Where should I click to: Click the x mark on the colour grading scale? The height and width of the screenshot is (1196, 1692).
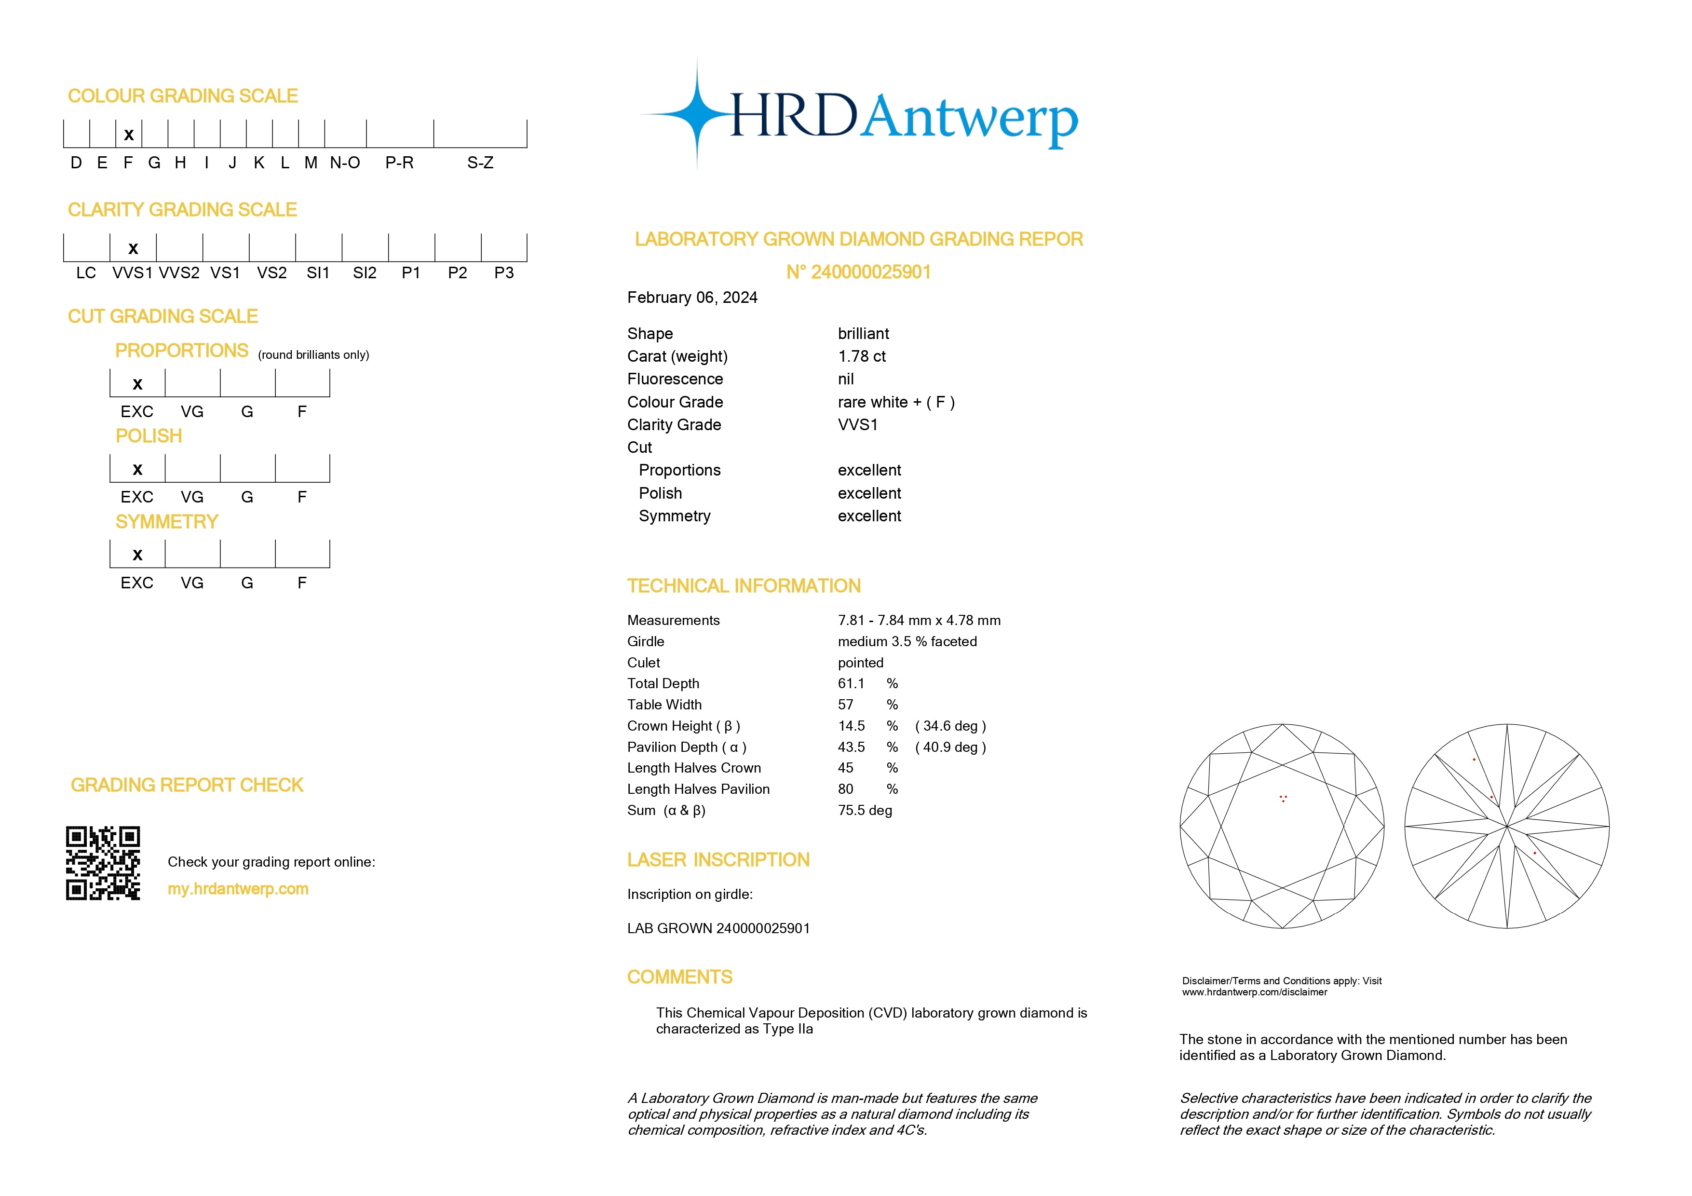129,135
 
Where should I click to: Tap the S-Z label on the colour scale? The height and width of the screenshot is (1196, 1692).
480,163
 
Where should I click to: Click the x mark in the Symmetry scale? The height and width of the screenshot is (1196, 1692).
137,555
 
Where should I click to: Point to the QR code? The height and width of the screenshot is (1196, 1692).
103,863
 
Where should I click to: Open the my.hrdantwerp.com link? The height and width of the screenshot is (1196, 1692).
238,889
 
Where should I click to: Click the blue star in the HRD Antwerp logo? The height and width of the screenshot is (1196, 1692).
696,115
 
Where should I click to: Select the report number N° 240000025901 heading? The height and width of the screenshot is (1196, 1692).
858,272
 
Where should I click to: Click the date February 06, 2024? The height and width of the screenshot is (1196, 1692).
692,298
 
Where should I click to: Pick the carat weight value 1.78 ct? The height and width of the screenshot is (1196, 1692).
862,357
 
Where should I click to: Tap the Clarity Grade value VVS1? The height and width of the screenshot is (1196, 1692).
858,425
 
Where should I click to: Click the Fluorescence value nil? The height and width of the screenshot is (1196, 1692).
846,380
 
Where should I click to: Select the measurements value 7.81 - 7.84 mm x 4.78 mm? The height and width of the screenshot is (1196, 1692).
919,621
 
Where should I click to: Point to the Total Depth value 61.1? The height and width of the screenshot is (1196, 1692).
851,684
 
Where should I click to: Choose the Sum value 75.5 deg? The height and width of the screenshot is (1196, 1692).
865,811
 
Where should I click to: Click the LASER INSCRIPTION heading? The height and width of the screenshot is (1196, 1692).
718,860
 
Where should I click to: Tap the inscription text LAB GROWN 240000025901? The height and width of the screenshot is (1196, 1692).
718,928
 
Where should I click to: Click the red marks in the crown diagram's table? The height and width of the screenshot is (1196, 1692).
1283,798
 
